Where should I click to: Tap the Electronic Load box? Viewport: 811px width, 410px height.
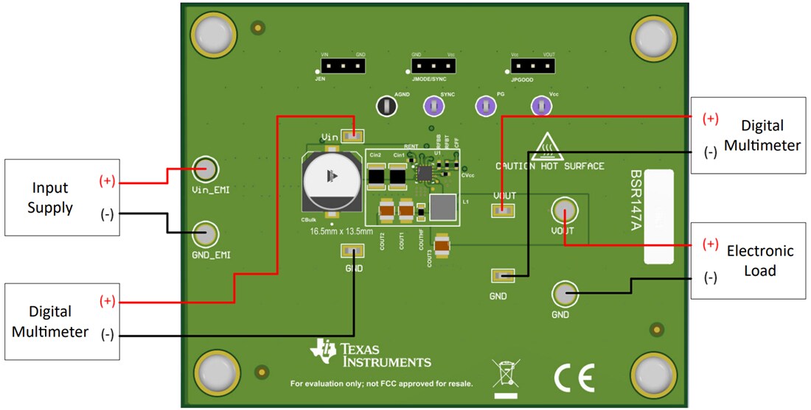(x=748, y=260)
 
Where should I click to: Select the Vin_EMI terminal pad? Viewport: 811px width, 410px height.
(x=206, y=170)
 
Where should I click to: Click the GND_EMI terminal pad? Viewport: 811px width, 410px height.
(x=206, y=235)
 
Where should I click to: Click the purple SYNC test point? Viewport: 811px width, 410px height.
(x=434, y=106)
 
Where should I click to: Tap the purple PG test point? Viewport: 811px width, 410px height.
(x=485, y=106)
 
